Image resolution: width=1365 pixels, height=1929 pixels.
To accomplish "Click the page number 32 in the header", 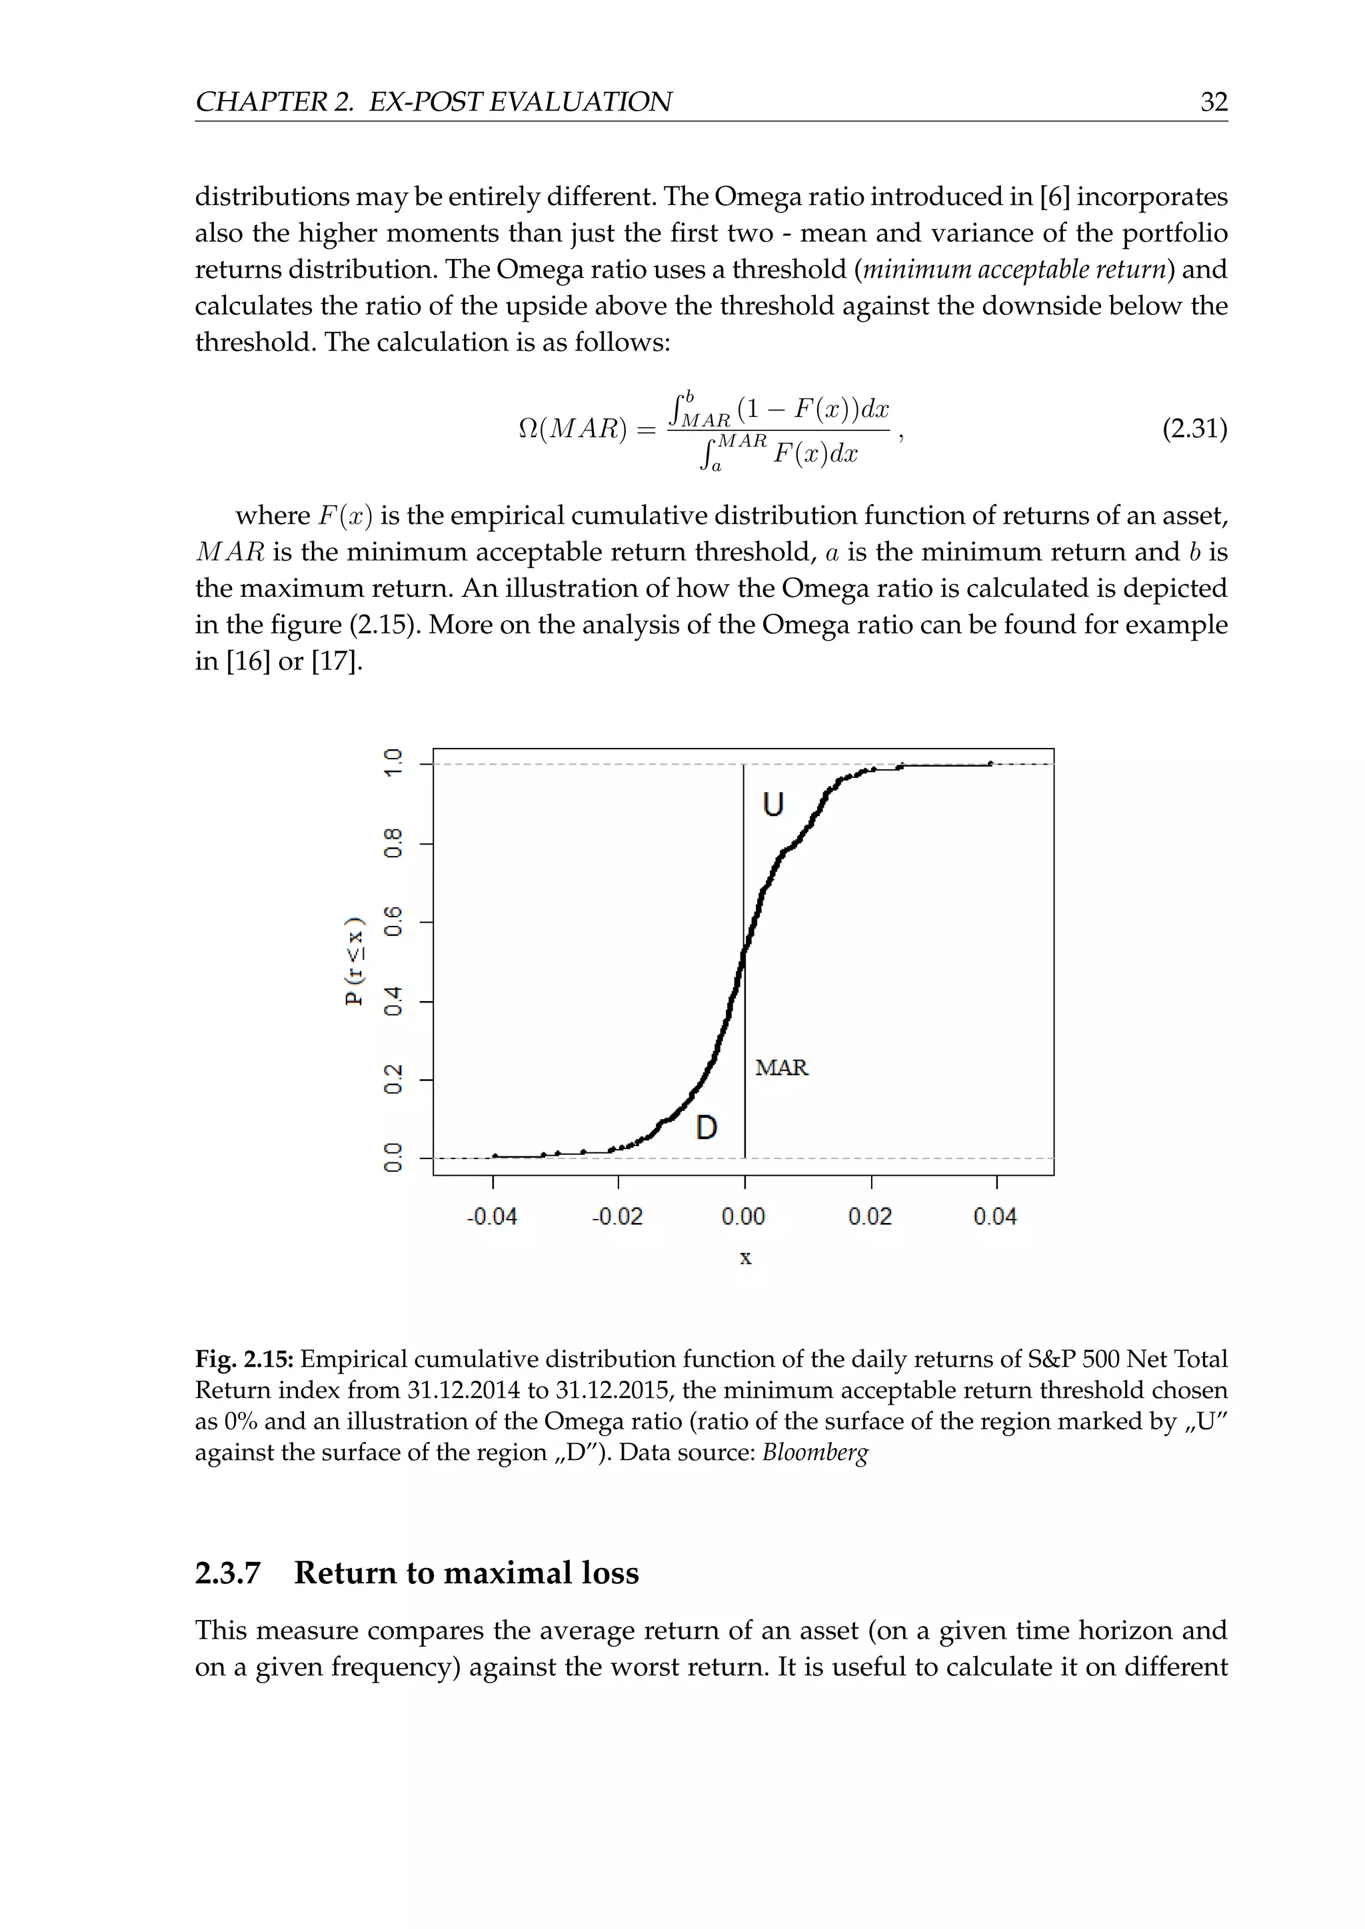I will [1214, 102].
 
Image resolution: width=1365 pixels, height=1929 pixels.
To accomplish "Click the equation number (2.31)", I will [1194, 430].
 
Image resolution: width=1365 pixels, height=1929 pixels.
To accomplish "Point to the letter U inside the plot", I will [773, 805].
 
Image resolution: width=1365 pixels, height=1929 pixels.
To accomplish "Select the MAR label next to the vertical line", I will [781, 1068].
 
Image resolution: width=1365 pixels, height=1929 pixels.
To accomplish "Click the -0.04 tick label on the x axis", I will [492, 1216].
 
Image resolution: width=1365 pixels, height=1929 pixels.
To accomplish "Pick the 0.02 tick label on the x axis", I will [870, 1216].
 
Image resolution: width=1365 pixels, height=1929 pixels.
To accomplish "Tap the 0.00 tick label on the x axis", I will [744, 1216].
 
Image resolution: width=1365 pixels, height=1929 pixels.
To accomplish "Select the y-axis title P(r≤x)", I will [355, 959].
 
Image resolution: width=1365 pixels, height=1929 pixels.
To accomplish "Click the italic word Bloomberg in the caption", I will [814, 1453].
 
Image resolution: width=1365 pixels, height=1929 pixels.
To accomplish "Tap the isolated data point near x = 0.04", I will [990, 764].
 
